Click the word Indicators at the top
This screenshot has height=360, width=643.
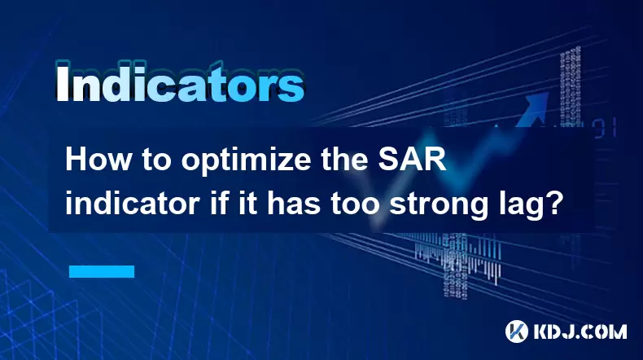point(180,81)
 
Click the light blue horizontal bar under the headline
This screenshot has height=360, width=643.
point(102,271)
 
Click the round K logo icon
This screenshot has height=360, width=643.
point(517,331)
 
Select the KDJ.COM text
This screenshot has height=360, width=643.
point(580,331)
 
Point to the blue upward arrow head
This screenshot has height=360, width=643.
point(536,103)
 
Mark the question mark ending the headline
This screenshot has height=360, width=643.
point(552,204)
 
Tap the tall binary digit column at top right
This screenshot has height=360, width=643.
point(571,88)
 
